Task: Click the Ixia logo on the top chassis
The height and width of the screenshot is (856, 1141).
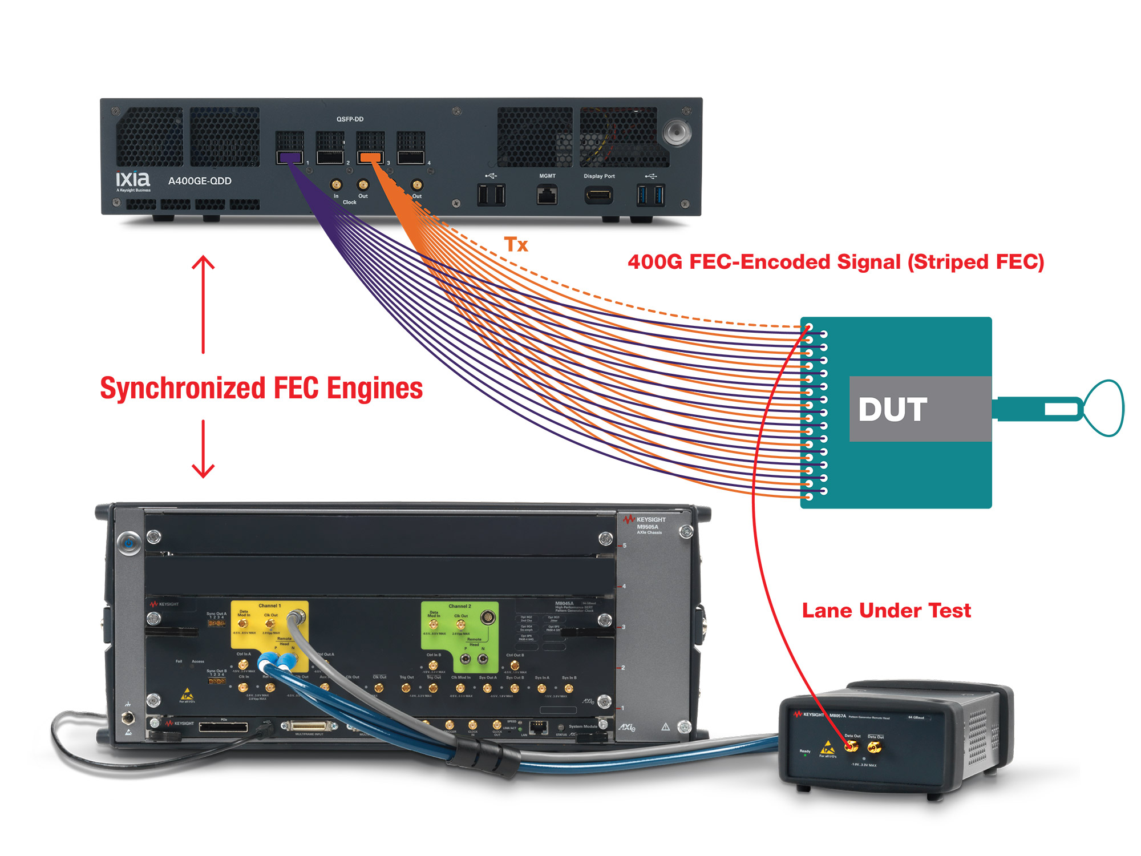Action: coord(132,179)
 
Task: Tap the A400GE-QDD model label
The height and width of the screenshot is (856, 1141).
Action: coord(200,181)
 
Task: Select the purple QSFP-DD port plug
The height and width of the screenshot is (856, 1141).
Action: coord(289,157)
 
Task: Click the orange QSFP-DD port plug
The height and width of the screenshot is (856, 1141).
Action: coord(370,157)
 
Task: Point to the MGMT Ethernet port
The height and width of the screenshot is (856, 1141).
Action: coord(547,195)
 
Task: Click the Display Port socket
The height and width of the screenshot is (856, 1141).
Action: coord(598,195)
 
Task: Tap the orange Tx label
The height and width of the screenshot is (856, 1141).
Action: coord(516,244)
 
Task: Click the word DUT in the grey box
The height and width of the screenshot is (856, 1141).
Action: coord(893,409)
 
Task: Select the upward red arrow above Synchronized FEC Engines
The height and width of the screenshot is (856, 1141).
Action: coord(203,302)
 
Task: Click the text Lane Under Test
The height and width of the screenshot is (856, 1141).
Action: coord(886,611)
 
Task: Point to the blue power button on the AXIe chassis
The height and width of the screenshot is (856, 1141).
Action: coord(129,543)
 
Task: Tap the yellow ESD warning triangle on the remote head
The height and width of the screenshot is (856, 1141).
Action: coord(827,747)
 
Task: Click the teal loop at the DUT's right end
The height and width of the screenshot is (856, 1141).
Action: coord(1104,408)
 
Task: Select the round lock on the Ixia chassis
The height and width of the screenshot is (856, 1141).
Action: coord(677,132)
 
